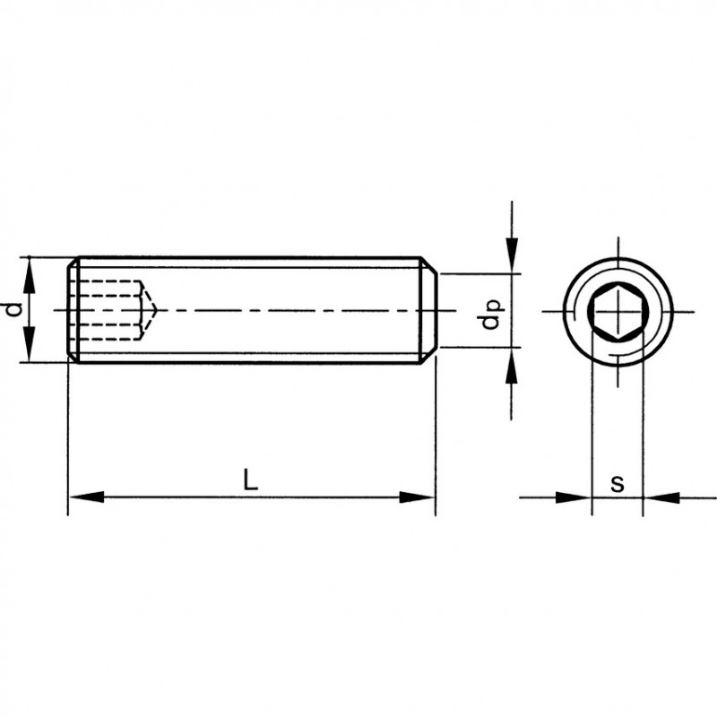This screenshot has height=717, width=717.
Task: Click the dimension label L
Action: pos(250,479)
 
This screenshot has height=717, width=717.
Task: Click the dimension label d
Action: pos(14,309)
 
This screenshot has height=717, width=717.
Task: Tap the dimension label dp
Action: pos(491,314)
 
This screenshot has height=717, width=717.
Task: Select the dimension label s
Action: pos(618,484)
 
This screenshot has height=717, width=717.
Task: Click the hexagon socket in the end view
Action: pos(618,312)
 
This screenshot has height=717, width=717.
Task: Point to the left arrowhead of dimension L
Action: pos(86,497)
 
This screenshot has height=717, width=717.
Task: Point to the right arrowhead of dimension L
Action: pos(417,497)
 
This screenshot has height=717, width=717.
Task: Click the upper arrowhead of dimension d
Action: pos(29,275)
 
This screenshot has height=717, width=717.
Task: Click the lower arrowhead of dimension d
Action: pos(29,344)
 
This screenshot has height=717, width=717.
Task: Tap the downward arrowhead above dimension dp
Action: pos(512,255)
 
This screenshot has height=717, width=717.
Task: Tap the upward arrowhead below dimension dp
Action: pos(512,366)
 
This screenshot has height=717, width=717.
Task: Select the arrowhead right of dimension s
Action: pos(661,497)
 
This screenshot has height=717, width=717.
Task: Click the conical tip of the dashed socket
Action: pos(156,310)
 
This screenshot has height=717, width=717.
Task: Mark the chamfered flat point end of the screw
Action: pos(428,310)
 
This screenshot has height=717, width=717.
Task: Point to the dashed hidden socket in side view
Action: pos(113,310)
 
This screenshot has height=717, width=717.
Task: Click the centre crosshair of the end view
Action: pos(618,312)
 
